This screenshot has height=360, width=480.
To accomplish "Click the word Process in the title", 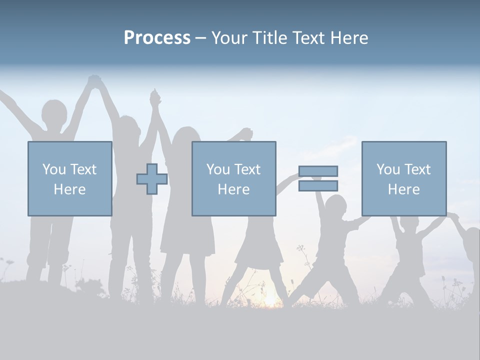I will click(x=157, y=38).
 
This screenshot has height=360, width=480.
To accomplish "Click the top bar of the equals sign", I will click(x=318, y=171).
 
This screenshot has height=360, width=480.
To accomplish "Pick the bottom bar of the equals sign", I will click(x=318, y=186).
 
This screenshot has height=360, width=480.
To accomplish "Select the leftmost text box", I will click(x=69, y=178).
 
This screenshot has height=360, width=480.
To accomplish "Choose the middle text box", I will click(x=233, y=178).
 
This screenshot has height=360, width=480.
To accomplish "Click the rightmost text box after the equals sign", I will click(x=403, y=178).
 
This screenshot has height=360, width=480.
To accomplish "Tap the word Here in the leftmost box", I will click(x=69, y=189).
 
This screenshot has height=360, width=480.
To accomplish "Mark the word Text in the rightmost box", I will click(x=418, y=169).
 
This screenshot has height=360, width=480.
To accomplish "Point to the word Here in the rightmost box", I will click(x=403, y=189).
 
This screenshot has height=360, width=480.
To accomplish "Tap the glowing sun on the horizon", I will click(x=270, y=300).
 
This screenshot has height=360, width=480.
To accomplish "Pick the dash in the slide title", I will click(x=200, y=38).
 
